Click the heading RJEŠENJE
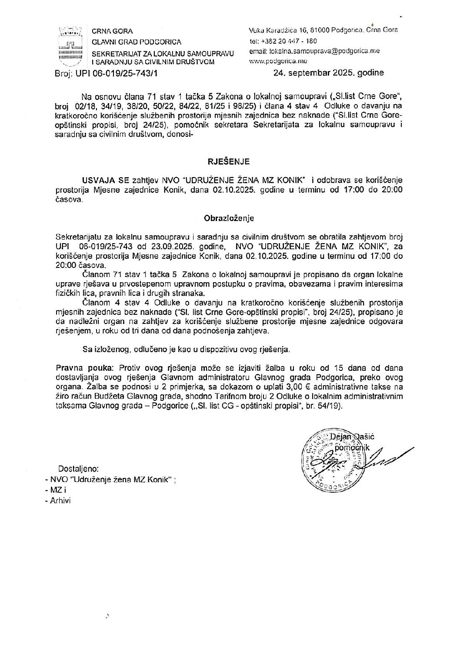pos(230,162)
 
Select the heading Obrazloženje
pos(230,218)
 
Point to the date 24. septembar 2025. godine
pos(329,73)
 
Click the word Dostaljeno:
pos(79,469)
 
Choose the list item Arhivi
pos(61,500)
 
